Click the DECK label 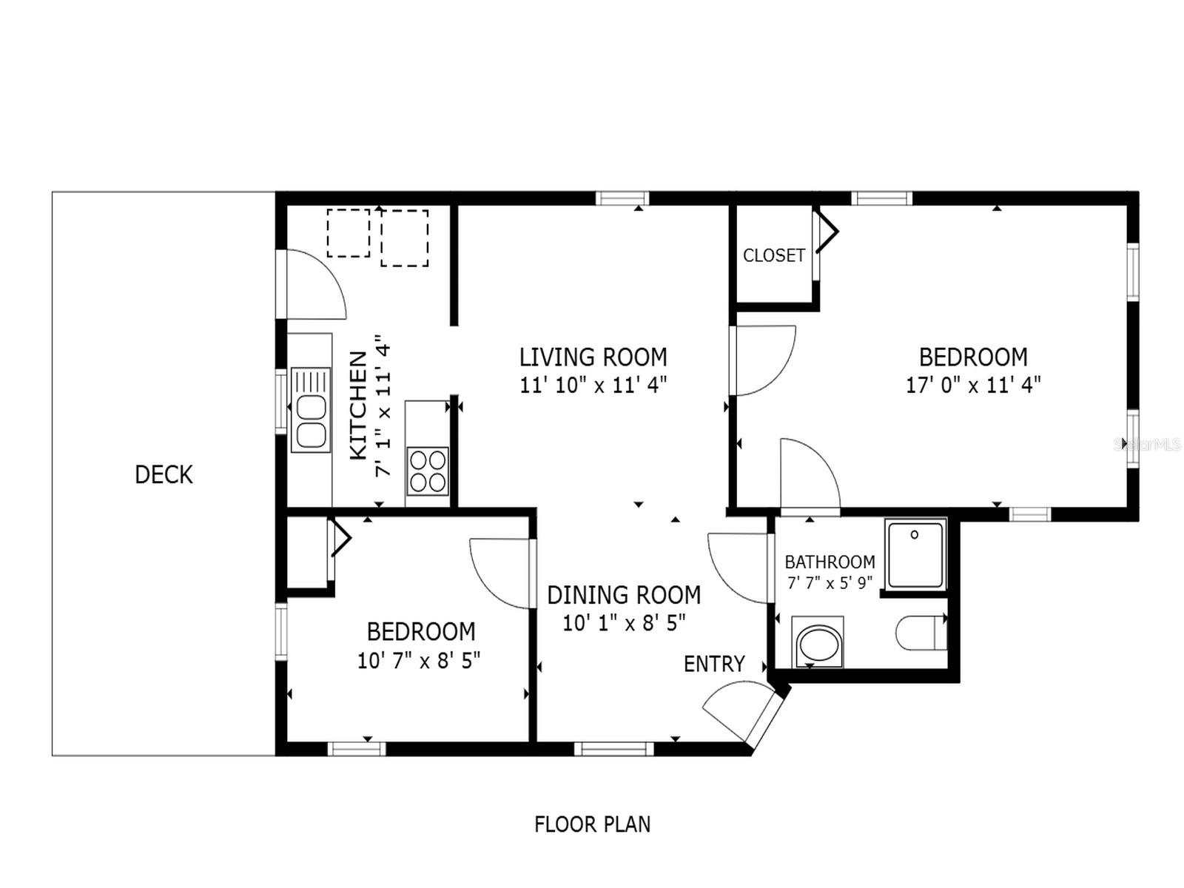point(164,474)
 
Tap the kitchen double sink point(311,410)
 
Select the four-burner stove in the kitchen point(428,471)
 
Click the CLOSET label point(773,255)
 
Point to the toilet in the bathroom point(921,633)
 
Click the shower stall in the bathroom point(916,554)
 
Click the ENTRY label point(713,664)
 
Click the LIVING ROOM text point(593,357)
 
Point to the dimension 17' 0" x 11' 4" point(973,385)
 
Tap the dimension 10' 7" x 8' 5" point(419,660)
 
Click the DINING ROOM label point(624,595)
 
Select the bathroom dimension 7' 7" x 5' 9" point(830,583)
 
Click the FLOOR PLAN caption point(592,824)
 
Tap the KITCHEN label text point(358,405)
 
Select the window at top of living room point(622,198)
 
